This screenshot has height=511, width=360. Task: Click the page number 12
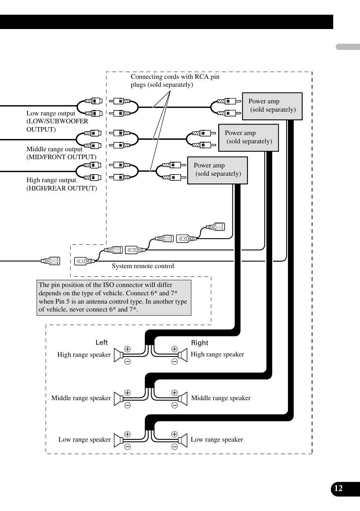pos(338,488)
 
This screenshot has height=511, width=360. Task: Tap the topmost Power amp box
pos(272,106)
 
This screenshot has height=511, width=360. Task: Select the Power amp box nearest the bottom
pos(217,170)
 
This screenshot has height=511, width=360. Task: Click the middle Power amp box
pos(248,138)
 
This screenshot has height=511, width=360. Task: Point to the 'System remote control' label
pos(143,266)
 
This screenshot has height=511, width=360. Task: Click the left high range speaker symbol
pos(118,355)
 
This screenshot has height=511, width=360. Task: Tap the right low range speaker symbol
pos(183,440)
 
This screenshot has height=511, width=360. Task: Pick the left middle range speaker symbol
pos(118,399)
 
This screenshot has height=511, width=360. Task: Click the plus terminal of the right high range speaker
pos(174,349)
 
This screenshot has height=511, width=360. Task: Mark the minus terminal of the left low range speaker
pos(128,447)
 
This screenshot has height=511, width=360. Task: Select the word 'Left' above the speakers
pos(102,342)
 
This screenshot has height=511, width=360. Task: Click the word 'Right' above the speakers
pos(200,343)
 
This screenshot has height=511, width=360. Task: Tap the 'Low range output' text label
pos(51,113)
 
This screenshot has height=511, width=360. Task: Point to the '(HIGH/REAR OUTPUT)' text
pos(62,188)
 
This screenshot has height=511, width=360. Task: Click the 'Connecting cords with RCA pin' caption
pos(175,77)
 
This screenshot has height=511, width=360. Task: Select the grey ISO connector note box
pos(114,298)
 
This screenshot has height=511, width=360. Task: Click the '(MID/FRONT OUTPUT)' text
pos(62,157)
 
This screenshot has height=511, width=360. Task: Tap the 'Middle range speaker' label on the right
pos(221,398)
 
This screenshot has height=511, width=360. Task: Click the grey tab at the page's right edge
pos(348,47)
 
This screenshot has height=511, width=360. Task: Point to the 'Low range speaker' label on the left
pos(85,439)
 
